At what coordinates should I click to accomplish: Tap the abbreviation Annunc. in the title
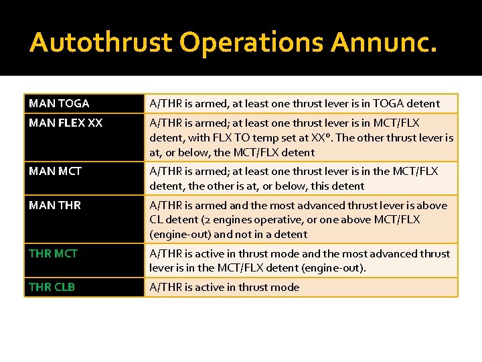point(384,42)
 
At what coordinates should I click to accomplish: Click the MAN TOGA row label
point(59,103)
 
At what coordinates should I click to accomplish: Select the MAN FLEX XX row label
point(66,123)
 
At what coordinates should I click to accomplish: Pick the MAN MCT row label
point(55,171)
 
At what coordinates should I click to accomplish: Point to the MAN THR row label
point(55,205)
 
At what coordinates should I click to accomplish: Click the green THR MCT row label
point(53,253)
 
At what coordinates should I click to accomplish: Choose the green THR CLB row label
point(52,287)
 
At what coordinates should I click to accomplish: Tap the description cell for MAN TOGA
point(295,103)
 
